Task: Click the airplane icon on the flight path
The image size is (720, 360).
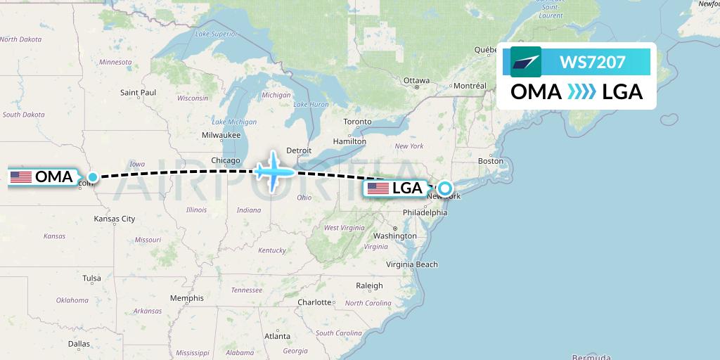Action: pyautogui.click(x=274, y=170)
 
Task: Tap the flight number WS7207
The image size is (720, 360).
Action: pyautogui.click(x=592, y=62)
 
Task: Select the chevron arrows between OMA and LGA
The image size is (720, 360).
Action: pyautogui.click(x=581, y=91)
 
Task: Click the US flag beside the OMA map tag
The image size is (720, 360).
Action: pyautogui.click(x=21, y=177)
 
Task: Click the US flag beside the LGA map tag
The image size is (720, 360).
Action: pyautogui.click(x=378, y=188)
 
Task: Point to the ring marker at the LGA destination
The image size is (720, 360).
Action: pyautogui.click(x=444, y=188)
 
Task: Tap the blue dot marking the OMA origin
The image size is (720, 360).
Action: pyautogui.click(x=92, y=177)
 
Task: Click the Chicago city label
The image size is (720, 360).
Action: pyautogui.click(x=226, y=160)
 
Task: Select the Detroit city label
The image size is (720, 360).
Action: pyautogui.click(x=299, y=150)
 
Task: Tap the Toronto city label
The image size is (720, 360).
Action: pyautogui.click(x=357, y=122)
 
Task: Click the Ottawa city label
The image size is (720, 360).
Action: pyautogui.click(x=416, y=80)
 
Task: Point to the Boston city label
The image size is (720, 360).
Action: pyautogui.click(x=490, y=161)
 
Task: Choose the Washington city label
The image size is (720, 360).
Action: pyautogui.click(x=394, y=236)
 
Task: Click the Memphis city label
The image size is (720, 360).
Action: pyautogui.click(x=186, y=298)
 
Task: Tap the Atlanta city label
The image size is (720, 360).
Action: pyautogui.click(x=278, y=337)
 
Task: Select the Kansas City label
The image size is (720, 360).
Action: pyautogui.click(x=114, y=219)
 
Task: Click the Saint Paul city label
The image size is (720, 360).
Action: pyautogui.click(x=138, y=92)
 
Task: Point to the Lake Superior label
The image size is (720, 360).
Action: pyautogui.click(x=216, y=34)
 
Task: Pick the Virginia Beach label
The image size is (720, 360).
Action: pyautogui.click(x=412, y=264)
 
